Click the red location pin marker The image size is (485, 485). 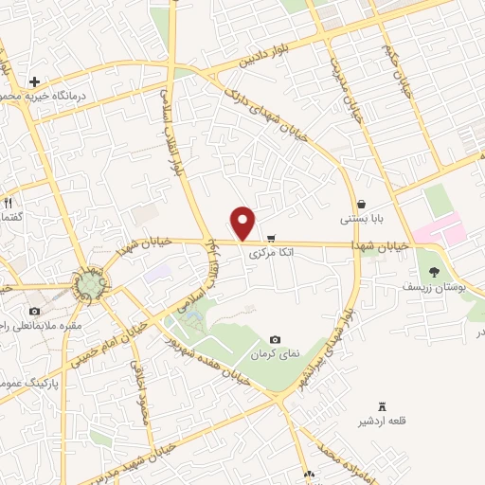(244, 223)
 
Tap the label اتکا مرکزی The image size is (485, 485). (272, 254)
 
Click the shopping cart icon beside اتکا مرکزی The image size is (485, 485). (272, 238)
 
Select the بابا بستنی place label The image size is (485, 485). (362, 219)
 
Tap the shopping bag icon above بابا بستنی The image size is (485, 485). (362, 204)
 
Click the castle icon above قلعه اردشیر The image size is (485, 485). (382, 405)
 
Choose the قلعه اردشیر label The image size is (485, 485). (382, 420)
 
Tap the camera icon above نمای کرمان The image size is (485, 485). (275, 339)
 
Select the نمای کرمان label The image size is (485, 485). (275, 353)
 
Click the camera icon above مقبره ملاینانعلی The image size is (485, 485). (35, 312)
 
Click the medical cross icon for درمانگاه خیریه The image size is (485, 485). (35, 82)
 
